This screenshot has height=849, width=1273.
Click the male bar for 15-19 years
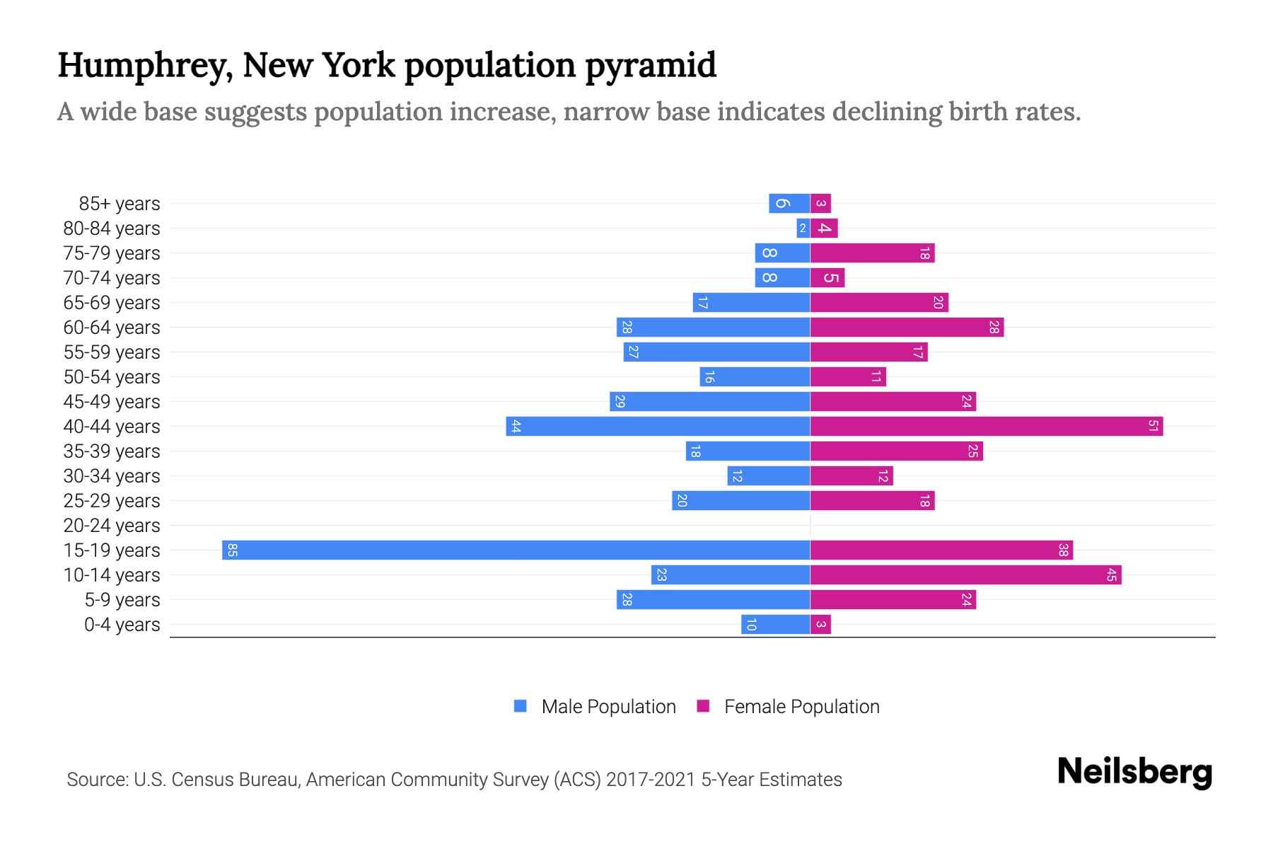pos(516,550)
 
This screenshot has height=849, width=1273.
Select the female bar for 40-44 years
pos(986,426)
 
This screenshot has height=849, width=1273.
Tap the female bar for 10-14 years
pos(965,574)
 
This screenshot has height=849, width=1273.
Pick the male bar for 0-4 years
pos(775,624)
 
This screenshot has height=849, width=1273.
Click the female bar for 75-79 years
pos(872,253)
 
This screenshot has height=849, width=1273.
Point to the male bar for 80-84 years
pos(803,228)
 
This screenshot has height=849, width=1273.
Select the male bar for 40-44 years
pos(658,426)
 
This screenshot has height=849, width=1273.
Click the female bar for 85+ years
pos(820,203)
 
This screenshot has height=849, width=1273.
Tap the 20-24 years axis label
pos(112,526)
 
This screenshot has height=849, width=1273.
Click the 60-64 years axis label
pos(112,328)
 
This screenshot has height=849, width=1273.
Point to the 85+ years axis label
pos(120,204)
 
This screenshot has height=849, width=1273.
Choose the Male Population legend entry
pos(595,706)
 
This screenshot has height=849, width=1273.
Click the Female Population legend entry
pos(788,706)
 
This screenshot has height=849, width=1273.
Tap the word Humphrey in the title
pos(145,66)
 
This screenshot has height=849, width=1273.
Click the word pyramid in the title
pos(651,66)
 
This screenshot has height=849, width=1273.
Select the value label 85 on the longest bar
pos(232,550)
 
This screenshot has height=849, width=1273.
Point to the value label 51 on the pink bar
pos(1153,426)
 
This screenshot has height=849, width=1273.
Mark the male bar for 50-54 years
pos(755,376)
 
